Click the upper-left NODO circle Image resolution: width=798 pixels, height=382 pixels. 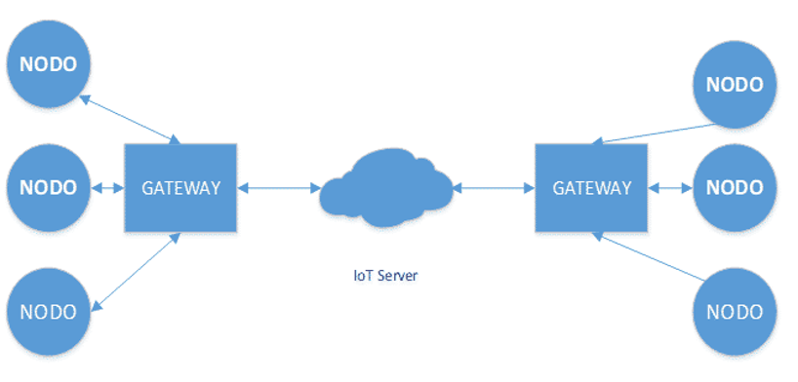[49, 64]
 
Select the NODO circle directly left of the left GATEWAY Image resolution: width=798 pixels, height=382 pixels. [49, 188]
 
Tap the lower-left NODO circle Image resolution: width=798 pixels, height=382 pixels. [49, 311]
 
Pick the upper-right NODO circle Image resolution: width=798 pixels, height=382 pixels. [735, 85]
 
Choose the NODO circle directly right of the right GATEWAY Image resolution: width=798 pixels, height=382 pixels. [735, 188]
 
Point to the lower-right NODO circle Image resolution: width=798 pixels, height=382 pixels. [735, 311]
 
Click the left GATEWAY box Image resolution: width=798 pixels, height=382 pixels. [180, 188]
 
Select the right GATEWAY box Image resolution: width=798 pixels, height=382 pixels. [591, 188]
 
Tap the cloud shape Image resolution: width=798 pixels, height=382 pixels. [385, 188]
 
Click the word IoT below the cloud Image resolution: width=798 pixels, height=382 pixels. [360, 276]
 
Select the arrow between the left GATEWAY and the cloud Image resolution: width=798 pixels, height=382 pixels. [278, 188]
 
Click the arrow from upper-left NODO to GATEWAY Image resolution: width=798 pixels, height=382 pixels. [131, 120]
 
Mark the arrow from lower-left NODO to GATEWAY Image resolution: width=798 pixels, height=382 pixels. [136, 271]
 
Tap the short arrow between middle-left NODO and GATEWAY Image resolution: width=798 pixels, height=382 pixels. [108, 188]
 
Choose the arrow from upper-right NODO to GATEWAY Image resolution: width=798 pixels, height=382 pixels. [655, 134]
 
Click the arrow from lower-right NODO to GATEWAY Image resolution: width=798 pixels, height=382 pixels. [649, 256]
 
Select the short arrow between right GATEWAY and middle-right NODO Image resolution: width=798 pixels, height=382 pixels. [670, 188]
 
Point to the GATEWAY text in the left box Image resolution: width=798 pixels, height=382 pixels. [180, 188]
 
